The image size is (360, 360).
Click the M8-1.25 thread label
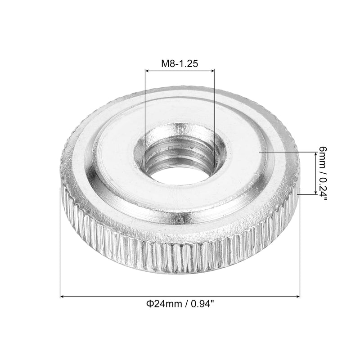pos(180,63)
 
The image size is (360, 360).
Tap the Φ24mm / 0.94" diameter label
pos(180,304)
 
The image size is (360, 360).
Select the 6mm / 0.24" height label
pos(323,174)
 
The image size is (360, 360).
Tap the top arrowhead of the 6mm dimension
pos(316,155)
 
